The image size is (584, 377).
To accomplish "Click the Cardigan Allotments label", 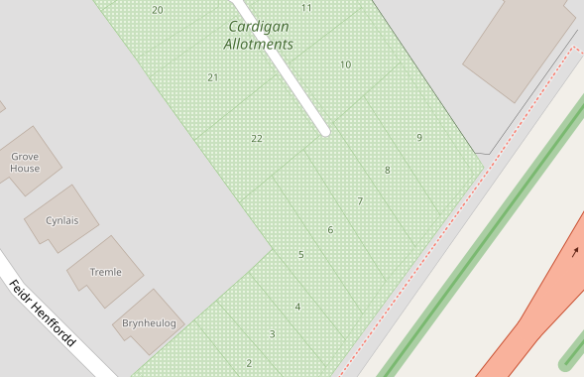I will pyautogui.click(x=259, y=36).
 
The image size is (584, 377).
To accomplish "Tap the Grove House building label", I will pyautogui.click(x=26, y=163).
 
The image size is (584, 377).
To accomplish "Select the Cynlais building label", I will pyautogui.click(x=61, y=220).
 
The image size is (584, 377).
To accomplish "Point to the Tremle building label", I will pyautogui.click(x=105, y=272).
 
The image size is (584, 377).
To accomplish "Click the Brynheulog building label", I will pyautogui.click(x=149, y=323).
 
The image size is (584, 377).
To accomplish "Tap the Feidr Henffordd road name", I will pyautogui.click(x=42, y=314).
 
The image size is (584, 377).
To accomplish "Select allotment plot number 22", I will pyautogui.click(x=257, y=138).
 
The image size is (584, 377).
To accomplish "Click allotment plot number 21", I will pyautogui.click(x=213, y=77).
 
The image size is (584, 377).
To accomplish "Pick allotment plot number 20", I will pyautogui.click(x=158, y=10).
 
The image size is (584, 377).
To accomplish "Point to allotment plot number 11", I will pyautogui.click(x=306, y=8).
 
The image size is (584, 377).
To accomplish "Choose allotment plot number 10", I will pyautogui.click(x=345, y=64).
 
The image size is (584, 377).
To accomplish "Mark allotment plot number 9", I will pyautogui.click(x=419, y=137).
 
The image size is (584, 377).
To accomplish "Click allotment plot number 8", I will pyautogui.click(x=387, y=170).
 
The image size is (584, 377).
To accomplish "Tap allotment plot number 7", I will pyautogui.click(x=360, y=201).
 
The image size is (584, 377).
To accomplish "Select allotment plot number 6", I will pyautogui.click(x=330, y=230).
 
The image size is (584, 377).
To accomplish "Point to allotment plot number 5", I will pyautogui.click(x=301, y=255).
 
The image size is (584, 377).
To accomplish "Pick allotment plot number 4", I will pyautogui.click(x=297, y=307).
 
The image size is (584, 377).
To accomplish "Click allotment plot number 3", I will pyautogui.click(x=272, y=334).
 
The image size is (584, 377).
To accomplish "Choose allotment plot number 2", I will pyautogui.click(x=249, y=363).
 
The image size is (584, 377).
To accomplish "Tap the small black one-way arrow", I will pyautogui.click(x=574, y=251).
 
